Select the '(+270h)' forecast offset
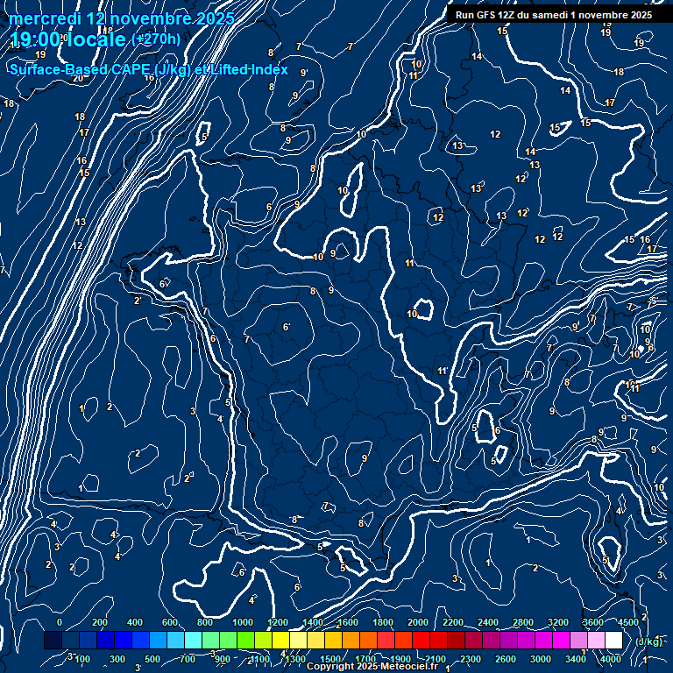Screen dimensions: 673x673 pos(156,39)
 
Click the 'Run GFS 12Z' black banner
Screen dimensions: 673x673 pos(553,15)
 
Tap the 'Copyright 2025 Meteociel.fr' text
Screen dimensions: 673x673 pos(372,666)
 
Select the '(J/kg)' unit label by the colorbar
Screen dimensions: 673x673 pos(648,641)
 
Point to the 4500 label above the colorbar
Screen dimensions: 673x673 pos(627,622)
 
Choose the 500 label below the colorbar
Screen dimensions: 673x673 pos(152,659)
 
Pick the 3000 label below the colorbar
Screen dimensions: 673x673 pos(540,659)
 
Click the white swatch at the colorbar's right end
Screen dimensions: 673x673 pos(613,641)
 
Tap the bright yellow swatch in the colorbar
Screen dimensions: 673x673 pos(298,641)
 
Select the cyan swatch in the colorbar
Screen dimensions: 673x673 pos(193,641)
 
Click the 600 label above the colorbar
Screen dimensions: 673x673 pos(170,622)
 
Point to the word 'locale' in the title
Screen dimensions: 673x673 pos(96,39)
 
